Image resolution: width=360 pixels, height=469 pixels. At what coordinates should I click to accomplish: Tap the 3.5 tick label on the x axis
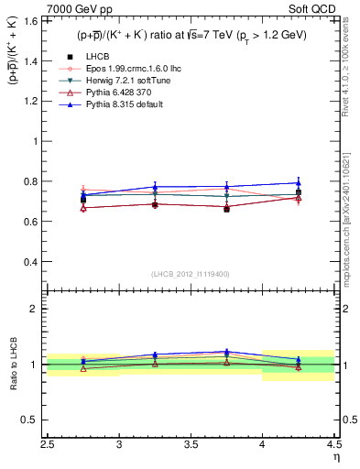click(x=191, y=444)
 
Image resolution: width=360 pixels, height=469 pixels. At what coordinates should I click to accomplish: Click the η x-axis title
click(x=335, y=456)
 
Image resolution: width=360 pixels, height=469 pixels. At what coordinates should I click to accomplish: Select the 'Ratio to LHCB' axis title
click(x=13, y=365)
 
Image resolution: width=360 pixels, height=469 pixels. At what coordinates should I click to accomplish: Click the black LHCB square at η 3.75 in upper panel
click(x=226, y=209)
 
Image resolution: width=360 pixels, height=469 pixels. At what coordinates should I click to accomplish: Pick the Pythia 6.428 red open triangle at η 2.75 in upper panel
click(x=83, y=208)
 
